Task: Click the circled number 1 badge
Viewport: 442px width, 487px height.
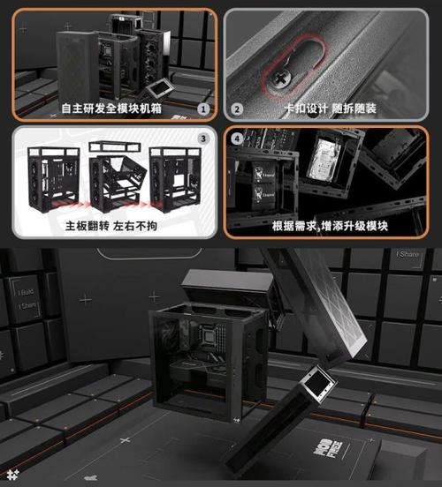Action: pyautogui.click(x=204, y=109)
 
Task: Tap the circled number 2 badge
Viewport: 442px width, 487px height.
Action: pyautogui.click(x=237, y=109)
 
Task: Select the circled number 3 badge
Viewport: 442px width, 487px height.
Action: pyautogui.click(x=204, y=139)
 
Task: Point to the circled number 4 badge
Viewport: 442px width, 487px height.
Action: pyautogui.click(x=237, y=139)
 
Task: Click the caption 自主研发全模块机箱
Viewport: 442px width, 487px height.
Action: pyautogui.click(x=110, y=109)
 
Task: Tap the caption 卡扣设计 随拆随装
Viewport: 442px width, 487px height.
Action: pyautogui.click(x=331, y=109)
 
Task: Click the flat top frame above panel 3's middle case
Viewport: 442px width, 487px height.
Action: pyautogui.click(x=116, y=146)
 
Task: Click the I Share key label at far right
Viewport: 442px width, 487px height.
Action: pyautogui.click(x=408, y=255)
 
